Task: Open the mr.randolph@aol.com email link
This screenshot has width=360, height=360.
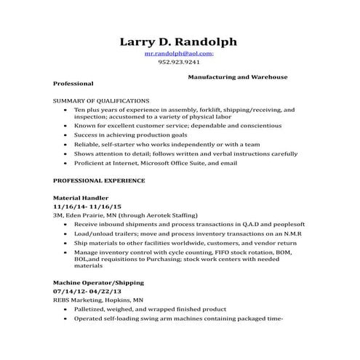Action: pyautogui.click(x=177, y=54)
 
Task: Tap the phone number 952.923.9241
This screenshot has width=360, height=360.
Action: pyautogui.click(x=179, y=63)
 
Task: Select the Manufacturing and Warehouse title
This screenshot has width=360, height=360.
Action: pyautogui.click(x=237, y=76)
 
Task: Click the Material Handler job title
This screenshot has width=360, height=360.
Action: pyautogui.click(x=81, y=198)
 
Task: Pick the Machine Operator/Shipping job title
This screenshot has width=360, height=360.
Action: pyautogui.click(x=99, y=282)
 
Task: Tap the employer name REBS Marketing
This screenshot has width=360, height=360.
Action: pyautogui.click(x=79, y=300)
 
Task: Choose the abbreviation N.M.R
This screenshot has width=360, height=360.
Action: pyautogui.click(x=289, y=234)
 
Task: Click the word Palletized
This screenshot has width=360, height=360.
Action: pyautogui.click(x=90, y=309)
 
